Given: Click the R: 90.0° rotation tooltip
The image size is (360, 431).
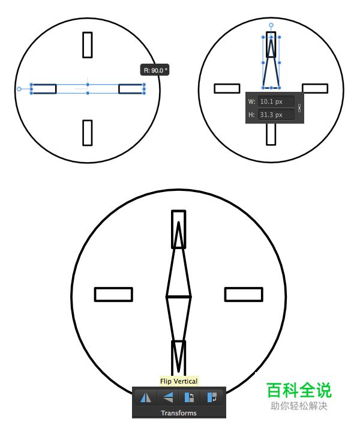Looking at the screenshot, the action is tap(154, 70).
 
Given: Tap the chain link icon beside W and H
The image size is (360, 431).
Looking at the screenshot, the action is tap(299, 108).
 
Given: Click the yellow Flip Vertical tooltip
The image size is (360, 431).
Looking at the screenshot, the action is tap(179, 381).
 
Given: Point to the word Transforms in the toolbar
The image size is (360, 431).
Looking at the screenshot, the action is tap(179, 413).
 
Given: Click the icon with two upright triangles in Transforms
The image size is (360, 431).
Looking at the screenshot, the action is tap(146, 397).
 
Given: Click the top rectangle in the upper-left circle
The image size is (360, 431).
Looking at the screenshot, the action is tap(88, 32).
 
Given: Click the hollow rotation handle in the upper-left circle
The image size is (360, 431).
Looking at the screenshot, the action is tap(19, 89).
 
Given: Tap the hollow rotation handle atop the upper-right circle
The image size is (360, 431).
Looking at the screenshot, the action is tap(271, 25).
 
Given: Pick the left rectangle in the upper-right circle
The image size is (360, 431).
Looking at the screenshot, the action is tap(227, 85).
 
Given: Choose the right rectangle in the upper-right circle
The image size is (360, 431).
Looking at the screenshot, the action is tap(315, 85).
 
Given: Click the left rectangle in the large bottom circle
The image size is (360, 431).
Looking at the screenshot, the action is tap(113, 288).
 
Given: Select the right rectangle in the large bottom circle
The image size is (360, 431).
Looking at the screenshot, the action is tap(244, 288).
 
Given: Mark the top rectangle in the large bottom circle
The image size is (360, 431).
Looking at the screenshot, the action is tap(179, 211).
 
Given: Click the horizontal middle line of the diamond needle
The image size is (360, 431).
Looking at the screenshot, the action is tap(179, 297).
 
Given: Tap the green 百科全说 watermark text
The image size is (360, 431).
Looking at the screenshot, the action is tap(299, 390).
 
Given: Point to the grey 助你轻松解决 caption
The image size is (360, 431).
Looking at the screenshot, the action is tap(299, 406).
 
